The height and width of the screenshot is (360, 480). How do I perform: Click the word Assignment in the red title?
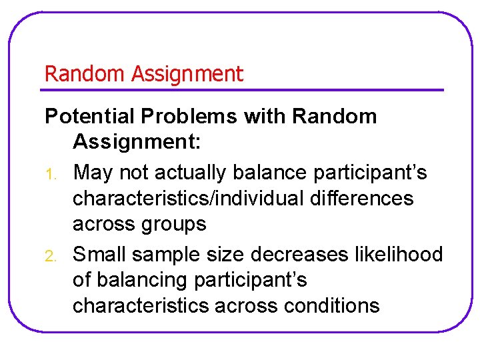tap(187, 74)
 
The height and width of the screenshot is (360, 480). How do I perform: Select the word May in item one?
tap(93, 173)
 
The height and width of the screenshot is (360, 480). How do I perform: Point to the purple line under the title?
tap(244, 89)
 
